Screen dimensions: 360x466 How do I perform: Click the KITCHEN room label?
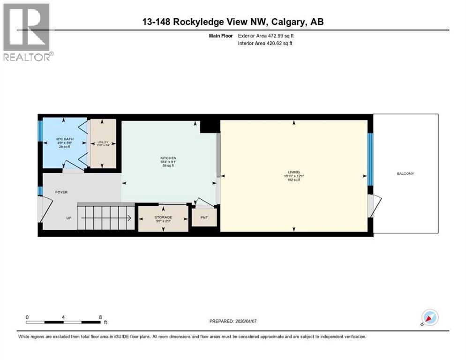coord(168,158)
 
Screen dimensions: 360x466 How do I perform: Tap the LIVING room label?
coord(294,172)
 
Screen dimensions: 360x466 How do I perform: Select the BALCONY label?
coord(406,173)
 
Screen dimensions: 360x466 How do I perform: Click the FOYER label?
coord(62,192)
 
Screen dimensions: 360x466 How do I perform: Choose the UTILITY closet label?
coord(102,142)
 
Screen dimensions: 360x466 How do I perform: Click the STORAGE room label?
coord(163,217)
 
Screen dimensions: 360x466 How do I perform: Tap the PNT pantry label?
coord(204,217)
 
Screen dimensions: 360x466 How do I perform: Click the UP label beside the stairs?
coord(68,217)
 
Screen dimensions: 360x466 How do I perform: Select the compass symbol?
coord(429,317)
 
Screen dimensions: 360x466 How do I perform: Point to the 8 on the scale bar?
coord(100,317)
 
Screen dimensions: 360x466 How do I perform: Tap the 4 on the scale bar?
coord(63,317)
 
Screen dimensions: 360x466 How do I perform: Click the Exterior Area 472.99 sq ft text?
coord(266,35)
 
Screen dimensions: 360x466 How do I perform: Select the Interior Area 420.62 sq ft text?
coord(265,43)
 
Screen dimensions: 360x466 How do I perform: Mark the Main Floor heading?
coord(221,35)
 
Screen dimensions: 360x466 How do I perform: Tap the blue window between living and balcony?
coord(370,159)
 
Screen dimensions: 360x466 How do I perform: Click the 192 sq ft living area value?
coord(294,180)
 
